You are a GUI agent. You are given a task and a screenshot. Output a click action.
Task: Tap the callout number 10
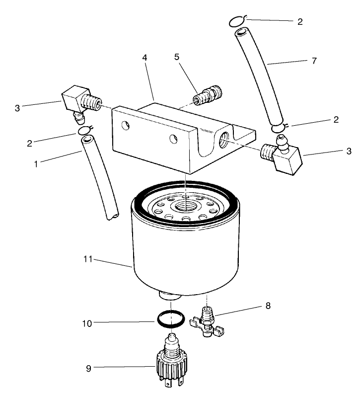point(86,323)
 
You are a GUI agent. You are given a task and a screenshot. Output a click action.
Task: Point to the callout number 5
point(177,57)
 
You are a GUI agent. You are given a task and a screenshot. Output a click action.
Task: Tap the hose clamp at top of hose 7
point(238,21)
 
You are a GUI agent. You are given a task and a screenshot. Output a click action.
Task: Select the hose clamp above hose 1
point(85,132)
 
